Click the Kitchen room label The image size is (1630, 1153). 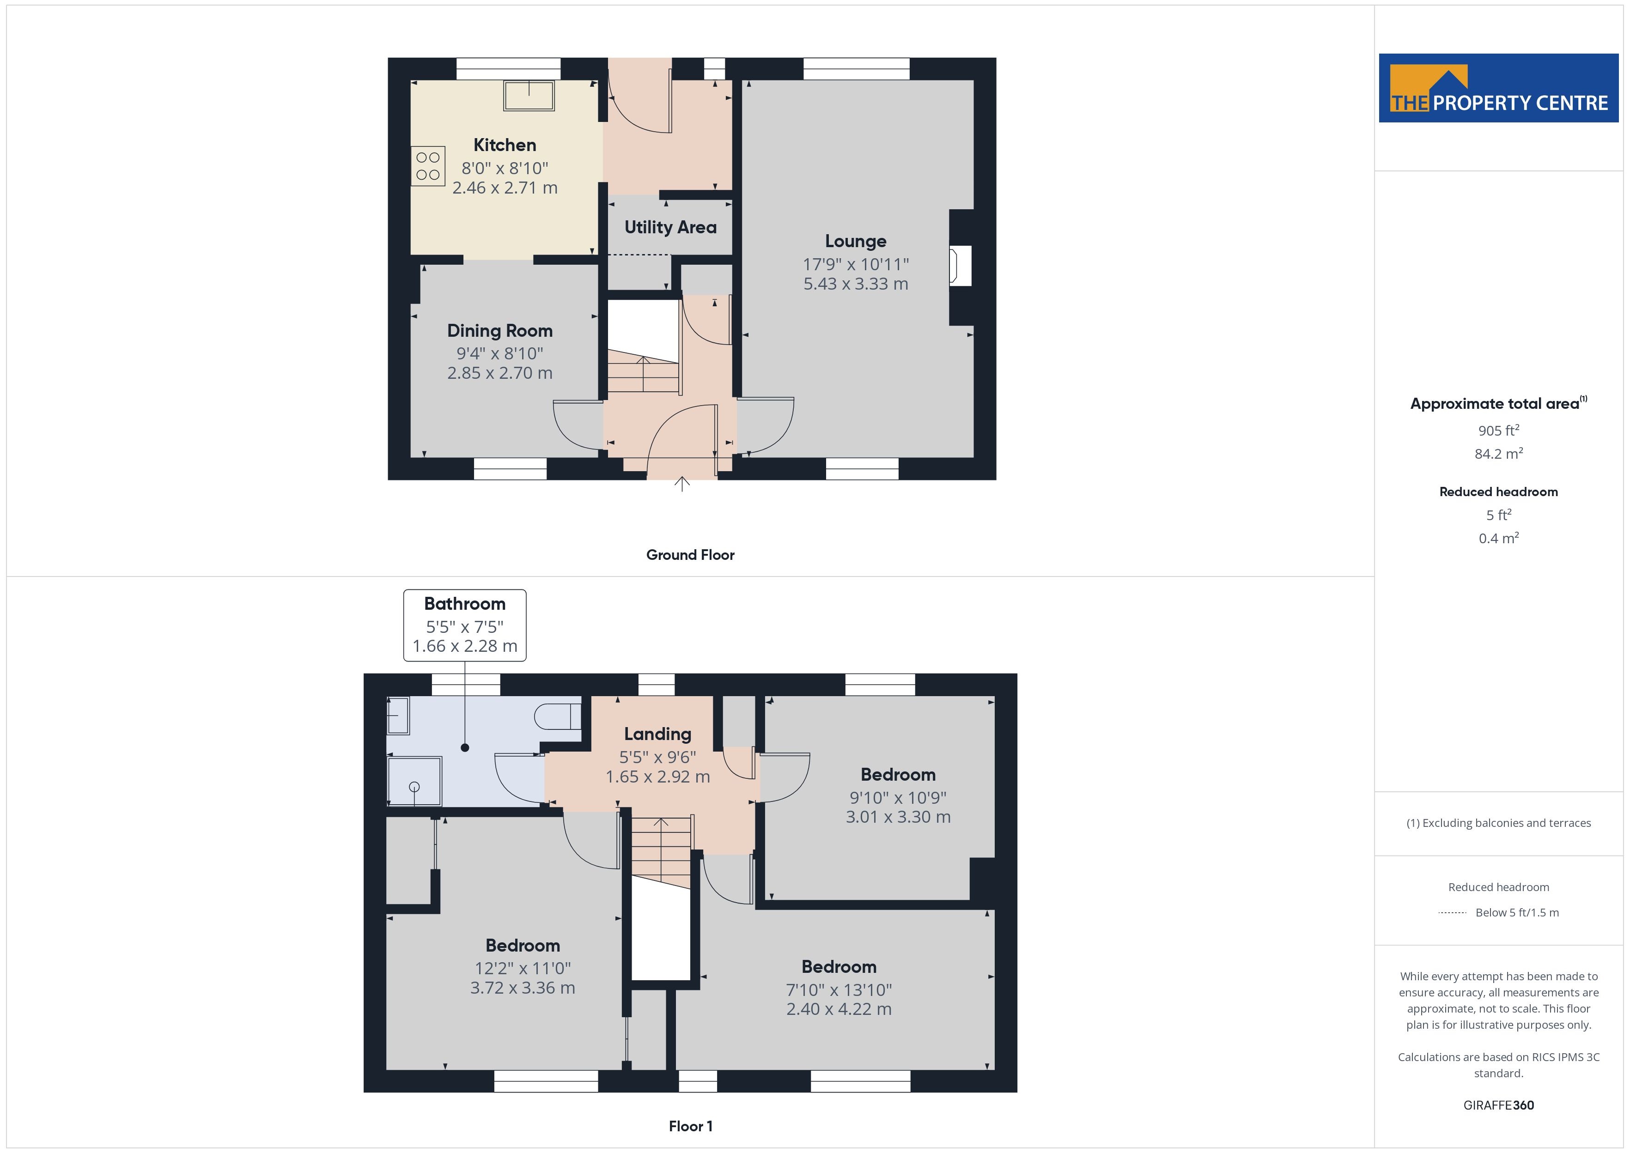[505, 145]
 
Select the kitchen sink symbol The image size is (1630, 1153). [529, 96]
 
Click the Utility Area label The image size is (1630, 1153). [670, 227]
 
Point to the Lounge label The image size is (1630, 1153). [856, 242]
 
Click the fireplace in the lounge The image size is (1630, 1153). [961, 266]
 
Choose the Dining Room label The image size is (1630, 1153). [500, 331]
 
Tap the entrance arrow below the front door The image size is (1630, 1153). [681, 484]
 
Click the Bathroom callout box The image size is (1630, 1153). [465, 625]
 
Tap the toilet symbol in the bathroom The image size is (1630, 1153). [558, 716]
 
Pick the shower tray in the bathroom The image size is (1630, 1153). [414, 781]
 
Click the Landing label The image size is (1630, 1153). [657, 734]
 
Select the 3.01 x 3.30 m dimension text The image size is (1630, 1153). [898, 817]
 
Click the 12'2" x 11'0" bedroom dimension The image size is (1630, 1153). [523, 968]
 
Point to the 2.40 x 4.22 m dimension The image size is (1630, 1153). [839, 1009]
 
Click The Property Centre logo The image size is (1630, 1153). [1499, 88]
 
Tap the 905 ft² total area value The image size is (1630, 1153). [1499, 430]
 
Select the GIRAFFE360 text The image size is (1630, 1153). [1499, 1105]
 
